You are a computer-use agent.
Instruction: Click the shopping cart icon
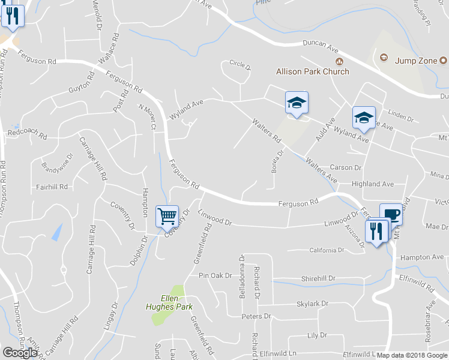click(x=167, y=215)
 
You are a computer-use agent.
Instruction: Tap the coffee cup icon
click(x=391, y=214)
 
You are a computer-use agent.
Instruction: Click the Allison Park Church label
click(x=312, y=71)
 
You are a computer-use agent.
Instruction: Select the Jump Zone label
click(x=415, y=60)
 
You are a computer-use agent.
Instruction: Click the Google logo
click(x=20, y=352)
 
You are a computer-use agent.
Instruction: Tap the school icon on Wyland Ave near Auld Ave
click(x=364, y=118)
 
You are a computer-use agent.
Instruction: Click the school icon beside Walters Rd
click(x=296, y=103)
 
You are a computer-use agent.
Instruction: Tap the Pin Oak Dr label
click(x=215, y=275)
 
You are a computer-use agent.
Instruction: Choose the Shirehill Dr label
click(x=318, y=278)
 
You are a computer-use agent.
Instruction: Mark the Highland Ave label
click(x=373, y=184)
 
